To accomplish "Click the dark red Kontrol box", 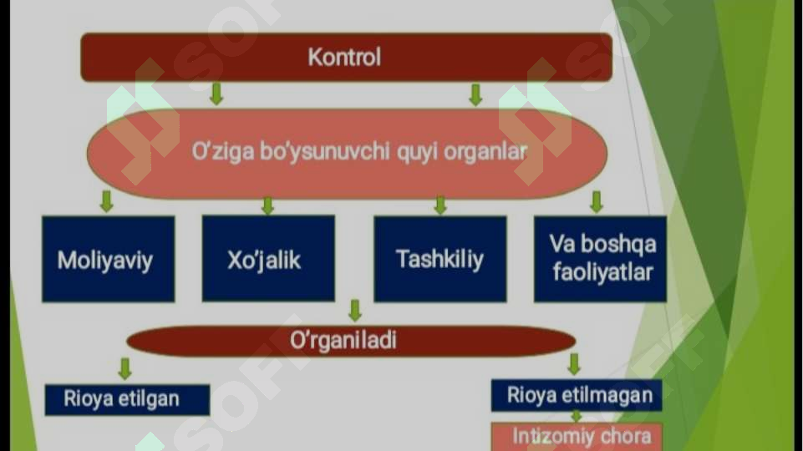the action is (x=346, y=58).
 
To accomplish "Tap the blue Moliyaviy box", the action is (x=108, y=259).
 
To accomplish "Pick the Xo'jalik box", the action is (x=268, y=259).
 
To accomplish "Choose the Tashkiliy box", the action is (x=440, y=259).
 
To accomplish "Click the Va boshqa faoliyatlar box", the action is (x=600, y=259).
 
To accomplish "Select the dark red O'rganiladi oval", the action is (x=351, y=341).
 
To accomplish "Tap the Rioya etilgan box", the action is (x=127, y=400).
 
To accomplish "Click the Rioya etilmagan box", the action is (x=577, y=396).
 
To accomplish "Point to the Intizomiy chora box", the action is (x=577, y=437).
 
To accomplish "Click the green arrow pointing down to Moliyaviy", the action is (x=106, y=201).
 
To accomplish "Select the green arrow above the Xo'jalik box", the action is (x=268, y=205).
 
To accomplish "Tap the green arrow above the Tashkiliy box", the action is (x=440, y=205).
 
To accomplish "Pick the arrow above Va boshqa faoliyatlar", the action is (x=596, y=201).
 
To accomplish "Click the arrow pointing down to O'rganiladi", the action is (x=355, y=311).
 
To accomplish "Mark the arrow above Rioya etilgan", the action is (x=125, y=368).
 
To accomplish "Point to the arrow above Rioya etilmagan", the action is (x=574, y=364).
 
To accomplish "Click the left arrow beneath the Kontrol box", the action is (x=216, y=94).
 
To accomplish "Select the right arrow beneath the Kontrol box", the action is (x=475, y=94).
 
